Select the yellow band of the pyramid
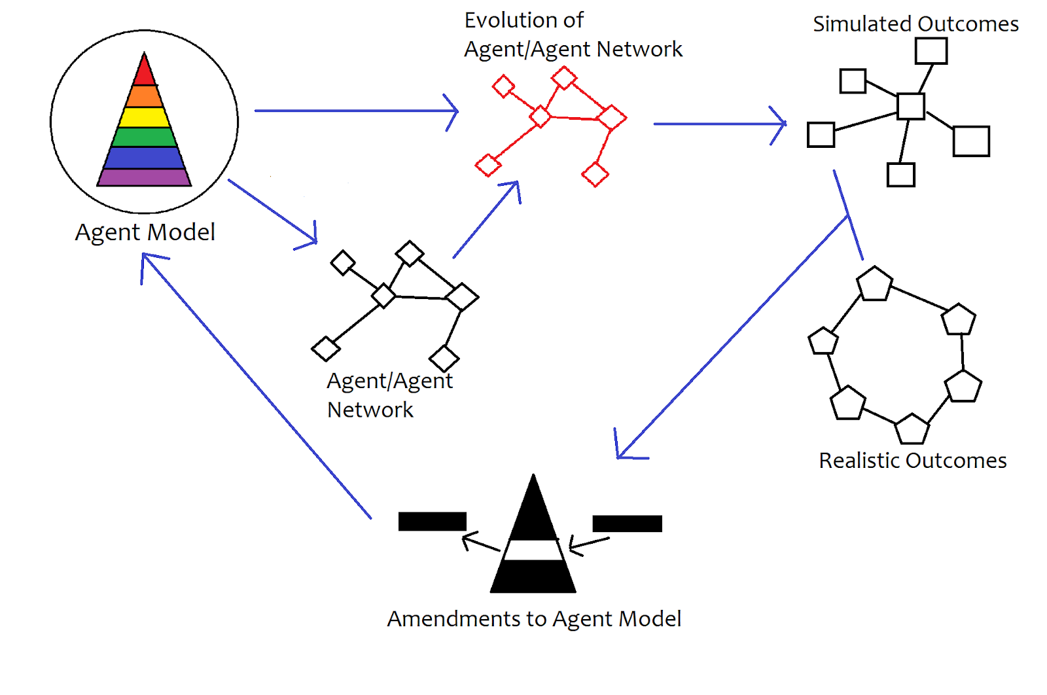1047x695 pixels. pos(145,117)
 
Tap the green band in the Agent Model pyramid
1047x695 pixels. pos(145,137)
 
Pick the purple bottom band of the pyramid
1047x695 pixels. pos(145,177)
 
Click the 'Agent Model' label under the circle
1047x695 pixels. pos(145,232)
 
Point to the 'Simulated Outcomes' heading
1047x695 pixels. pos(915,24)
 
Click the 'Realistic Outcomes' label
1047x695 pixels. pos(912,461)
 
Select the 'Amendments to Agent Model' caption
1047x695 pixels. pos(534,619)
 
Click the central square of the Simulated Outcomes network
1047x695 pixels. pos(910,106)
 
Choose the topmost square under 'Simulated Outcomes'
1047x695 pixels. pos(931,50)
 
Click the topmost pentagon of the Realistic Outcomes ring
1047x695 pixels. pos(875,285)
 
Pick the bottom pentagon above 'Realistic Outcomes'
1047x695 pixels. pos(912,430)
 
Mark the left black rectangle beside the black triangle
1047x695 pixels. pos(432,522)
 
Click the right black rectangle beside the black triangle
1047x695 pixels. pos(627,524)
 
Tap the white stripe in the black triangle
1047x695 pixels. pos(533,550)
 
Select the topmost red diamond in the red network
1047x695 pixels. pos(563,78)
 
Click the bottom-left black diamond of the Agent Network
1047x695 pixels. pos(325,349)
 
